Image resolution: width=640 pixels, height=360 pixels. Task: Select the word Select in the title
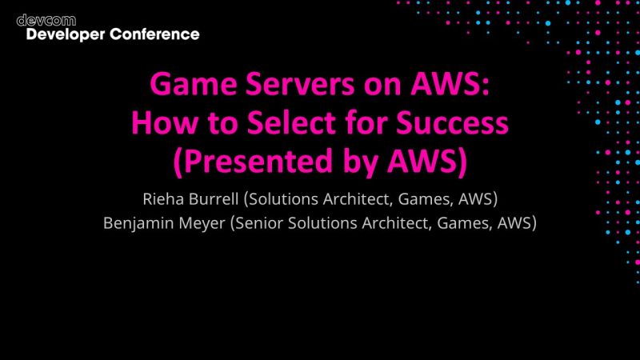pos(286,123)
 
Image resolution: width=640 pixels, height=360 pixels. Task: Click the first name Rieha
pos(165,197)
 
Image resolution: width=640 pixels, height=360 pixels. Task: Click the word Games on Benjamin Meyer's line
pos(462,224)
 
